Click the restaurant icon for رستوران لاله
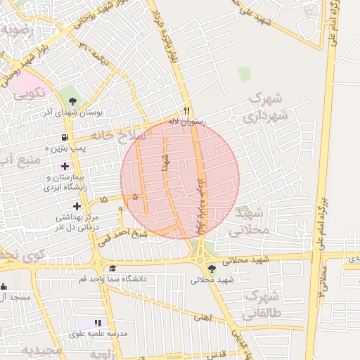tap(186, 110)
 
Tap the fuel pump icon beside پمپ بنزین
tap(65, 137)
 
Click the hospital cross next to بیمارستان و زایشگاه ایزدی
tap(65, 167)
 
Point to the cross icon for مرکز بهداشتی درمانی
tap(77, 205)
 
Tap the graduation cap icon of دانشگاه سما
tap(112, 269)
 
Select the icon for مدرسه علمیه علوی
tap(98, 323)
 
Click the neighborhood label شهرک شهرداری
tap(268, 107)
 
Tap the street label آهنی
tap(202, 318)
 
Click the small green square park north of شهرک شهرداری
tap(244, 74)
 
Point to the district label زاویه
tap(106, 354)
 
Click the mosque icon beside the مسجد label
tap(4, 286)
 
